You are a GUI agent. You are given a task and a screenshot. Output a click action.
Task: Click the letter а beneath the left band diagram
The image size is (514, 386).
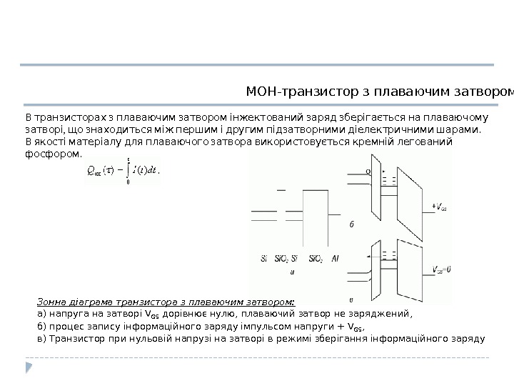tap(293, 271)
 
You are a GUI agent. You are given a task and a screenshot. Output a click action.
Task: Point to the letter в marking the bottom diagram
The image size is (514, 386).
tap(351, 300)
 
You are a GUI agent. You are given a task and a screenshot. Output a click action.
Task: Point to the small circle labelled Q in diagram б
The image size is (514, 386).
tap(368, 172)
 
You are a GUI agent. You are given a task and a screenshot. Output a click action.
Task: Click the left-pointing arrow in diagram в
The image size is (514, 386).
tap(371, 254)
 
